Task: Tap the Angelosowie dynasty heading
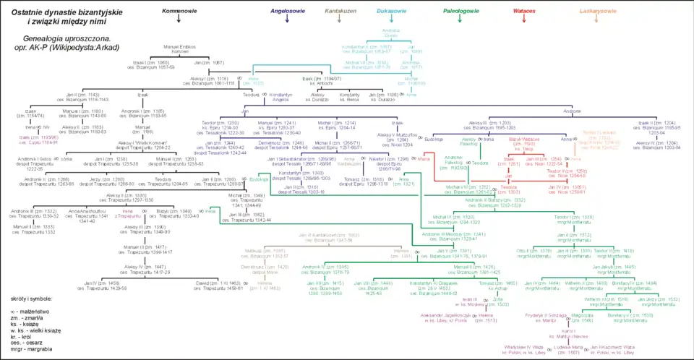click(x=287, y=12)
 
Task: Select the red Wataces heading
click(x=524, y=12)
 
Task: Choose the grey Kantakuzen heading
click(x=340, y=12)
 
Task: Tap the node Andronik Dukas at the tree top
click(x=391, y=33)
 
